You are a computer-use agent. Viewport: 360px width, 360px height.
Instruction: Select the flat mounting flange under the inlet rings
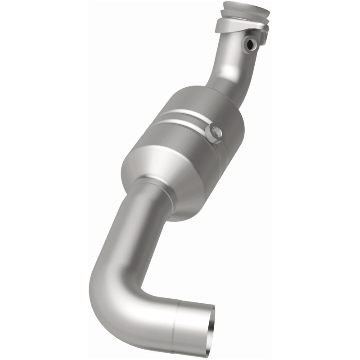click(234, 27)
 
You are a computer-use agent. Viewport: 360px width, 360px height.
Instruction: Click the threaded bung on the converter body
click(213, 131)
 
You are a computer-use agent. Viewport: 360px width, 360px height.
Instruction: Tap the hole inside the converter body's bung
click(214, 132)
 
